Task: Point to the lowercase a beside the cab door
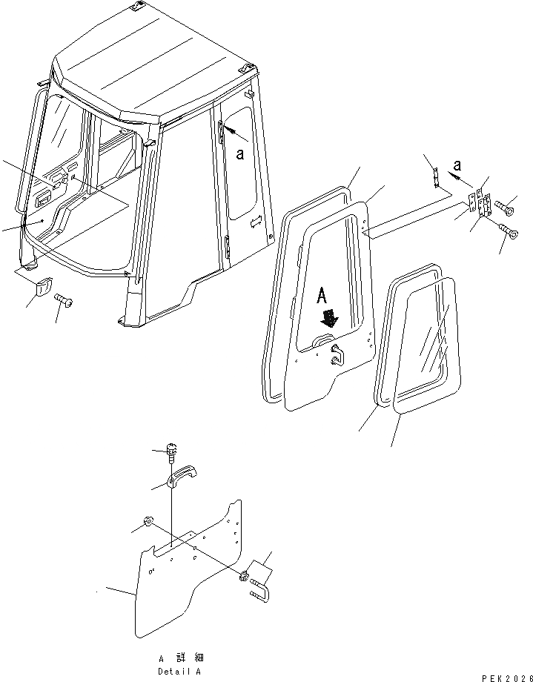click(240, 153)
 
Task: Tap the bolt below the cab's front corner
click(63, 301)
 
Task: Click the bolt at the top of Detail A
click(171, 450)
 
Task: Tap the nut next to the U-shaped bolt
click(244, 576)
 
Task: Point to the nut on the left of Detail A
click(148, 523)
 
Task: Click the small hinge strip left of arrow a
click(437, 178)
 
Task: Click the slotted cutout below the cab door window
click(256, 221)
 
